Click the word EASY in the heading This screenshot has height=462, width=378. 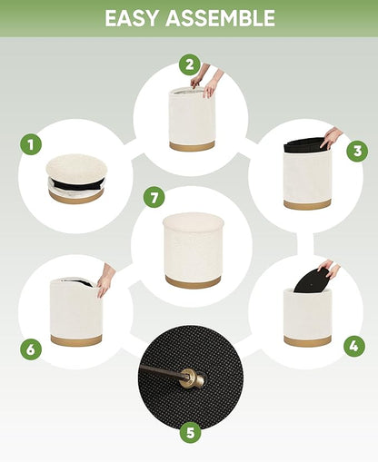tap(131, 18)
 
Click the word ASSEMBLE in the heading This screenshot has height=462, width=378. tap(220, 18)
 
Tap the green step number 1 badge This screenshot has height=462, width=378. tap(31, 144)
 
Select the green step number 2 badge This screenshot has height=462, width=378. tap(189, 64)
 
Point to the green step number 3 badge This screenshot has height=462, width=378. tap(357, 151)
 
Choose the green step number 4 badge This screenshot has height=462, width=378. tap(354, 346)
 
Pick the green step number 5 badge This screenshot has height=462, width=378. tap(190, 433)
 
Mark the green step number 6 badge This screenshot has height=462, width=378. tap(31, 349)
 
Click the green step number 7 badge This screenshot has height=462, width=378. tap(154, 198)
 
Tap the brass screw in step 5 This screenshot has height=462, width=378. tap(193, 378)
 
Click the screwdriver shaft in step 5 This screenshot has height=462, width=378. tap(161, 371)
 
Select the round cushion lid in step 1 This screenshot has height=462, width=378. tap(76, 167)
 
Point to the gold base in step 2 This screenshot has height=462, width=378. tap(192, 146)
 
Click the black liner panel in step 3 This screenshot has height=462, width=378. tap(304, 144)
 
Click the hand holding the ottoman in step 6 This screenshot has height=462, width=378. tap(105, 280)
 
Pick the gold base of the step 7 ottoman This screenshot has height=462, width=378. tap(193, 282)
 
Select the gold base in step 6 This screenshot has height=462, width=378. tap(76, 340)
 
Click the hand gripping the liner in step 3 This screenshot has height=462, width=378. tap(331, 138)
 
